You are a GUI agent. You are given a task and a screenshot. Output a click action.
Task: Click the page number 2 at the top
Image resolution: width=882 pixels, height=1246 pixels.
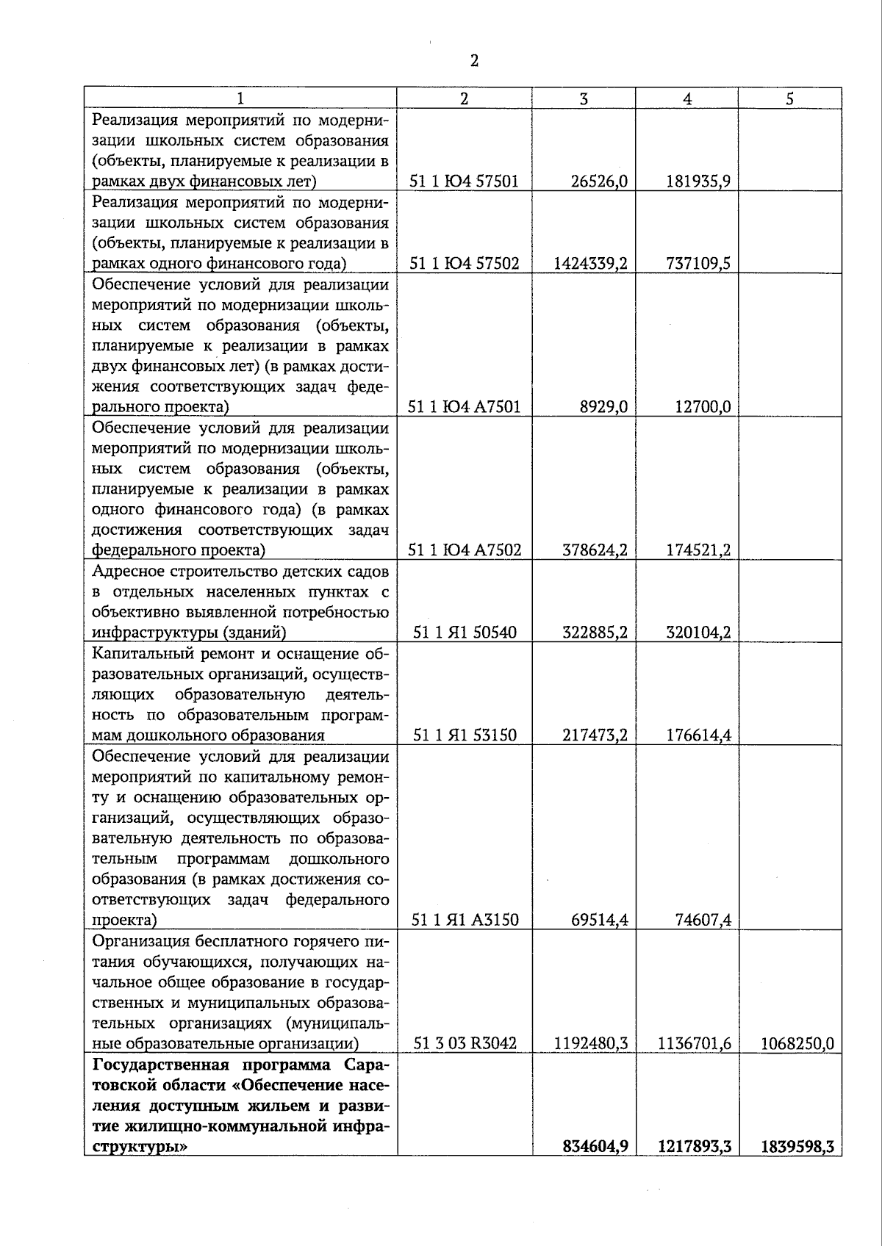click(x=474, y=61)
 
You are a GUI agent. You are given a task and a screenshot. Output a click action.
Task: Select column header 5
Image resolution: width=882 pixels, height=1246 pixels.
click(x=789, y=99)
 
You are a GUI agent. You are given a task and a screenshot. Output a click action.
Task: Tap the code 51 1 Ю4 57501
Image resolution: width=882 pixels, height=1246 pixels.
click(x=464, y=181)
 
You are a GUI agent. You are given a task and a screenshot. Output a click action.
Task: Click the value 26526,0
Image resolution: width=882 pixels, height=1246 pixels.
click(x=599, y=181)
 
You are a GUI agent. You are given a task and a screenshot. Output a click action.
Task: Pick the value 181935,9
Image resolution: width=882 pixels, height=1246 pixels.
click(x=698, y=181)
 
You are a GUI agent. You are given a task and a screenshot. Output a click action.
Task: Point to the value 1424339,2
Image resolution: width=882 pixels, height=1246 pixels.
click(x=590, y=264)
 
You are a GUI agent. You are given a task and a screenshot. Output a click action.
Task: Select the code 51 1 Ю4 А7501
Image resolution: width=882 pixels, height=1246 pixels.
click(x=465, y=407)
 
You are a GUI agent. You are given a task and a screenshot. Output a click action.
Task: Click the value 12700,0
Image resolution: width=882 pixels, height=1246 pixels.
click(x=703, y=407)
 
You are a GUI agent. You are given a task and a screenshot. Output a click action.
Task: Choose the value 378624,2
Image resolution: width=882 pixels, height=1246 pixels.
click(x=595, y=550)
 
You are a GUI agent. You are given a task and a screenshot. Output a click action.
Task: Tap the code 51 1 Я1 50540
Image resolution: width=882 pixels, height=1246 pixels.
click(x=465, y=633)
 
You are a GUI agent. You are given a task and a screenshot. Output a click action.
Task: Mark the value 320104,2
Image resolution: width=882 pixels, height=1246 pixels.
click(x=698, y=633)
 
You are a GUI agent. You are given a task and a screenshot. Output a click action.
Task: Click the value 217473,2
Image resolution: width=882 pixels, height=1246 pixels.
click(x=595, y=735)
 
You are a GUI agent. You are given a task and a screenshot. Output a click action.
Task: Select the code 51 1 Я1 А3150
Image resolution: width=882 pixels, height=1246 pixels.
click(x=465, y=920)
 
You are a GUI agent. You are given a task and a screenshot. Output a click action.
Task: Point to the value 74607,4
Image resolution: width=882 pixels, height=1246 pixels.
click(x=703, y=920)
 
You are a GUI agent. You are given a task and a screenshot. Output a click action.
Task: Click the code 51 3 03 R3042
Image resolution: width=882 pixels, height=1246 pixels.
click(x=465, y=1043)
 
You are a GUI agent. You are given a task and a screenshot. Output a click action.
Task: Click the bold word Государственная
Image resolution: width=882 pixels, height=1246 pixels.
click(x=148, y=1065)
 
